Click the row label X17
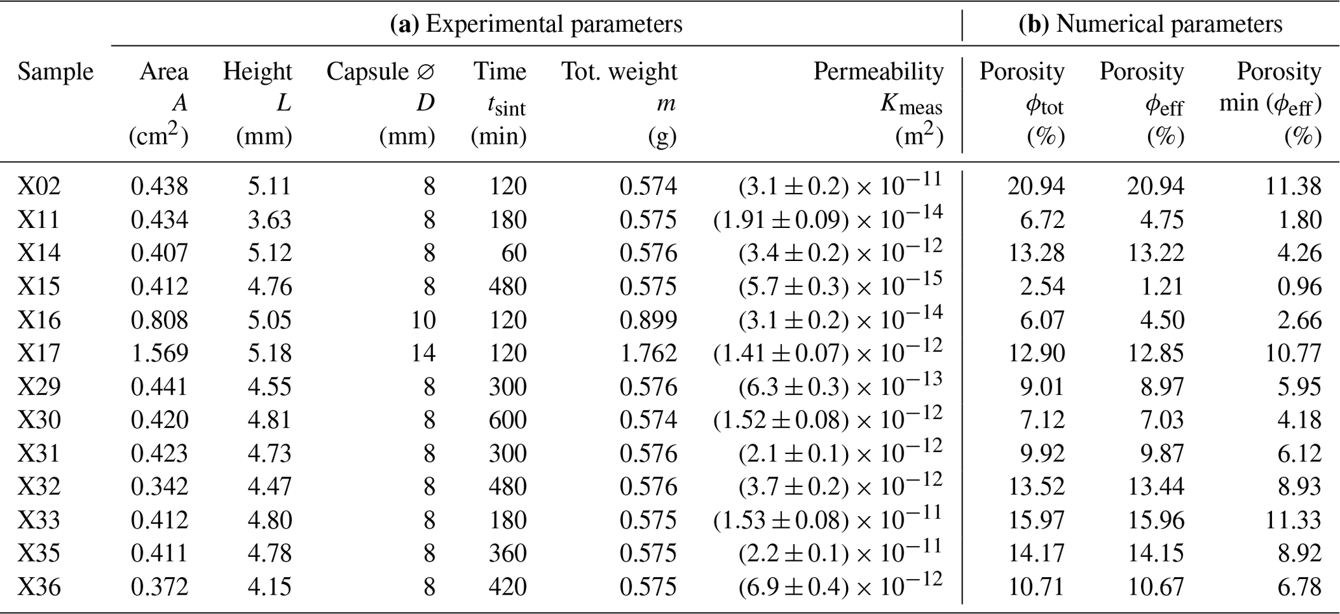pos(39,353)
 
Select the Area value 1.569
pos(159,353)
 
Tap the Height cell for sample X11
pos(269,220)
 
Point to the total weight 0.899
pos(648,320)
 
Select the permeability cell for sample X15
pos(840,285)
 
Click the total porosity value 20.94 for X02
pos(1035,187)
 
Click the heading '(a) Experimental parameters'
pos(536,25)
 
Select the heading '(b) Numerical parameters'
pos(1150,25)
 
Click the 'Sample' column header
pos(55,71)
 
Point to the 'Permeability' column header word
pos(878,71)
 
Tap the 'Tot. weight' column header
pos(618,71)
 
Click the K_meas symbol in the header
pos(910,105)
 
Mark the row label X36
pos(39,587)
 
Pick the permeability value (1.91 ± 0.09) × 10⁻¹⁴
pos(827,218)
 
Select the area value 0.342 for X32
pos(159,486)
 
